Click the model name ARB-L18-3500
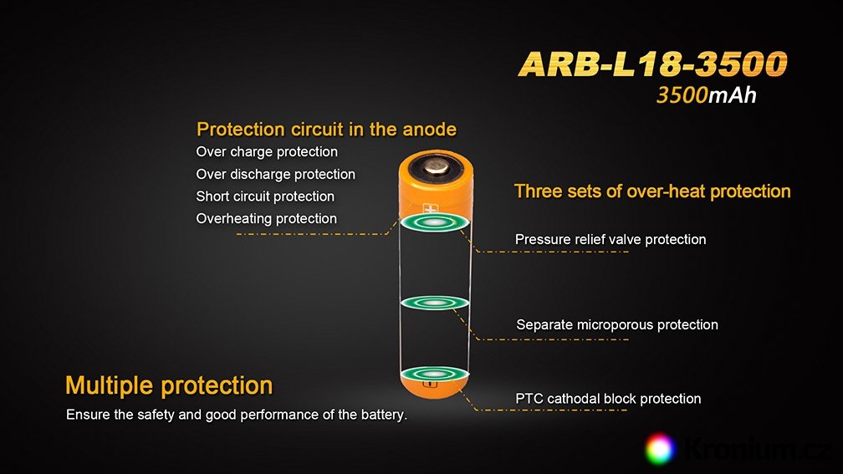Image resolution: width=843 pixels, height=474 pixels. pos(652,64)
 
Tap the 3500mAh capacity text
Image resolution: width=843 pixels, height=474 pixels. pos(707,95)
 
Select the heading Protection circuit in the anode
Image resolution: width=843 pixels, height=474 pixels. pos(326,130)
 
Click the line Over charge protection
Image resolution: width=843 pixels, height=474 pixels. pos(267,152)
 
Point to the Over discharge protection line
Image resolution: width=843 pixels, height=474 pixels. pos(275,175)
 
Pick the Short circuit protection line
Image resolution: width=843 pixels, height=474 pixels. pos(265,196)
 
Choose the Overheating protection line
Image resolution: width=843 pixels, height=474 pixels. pos(266,219)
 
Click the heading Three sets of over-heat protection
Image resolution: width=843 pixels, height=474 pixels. pos(652,192)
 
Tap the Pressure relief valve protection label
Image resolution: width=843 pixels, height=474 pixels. pos(611,240)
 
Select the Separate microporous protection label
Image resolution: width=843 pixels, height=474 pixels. pos(616,324)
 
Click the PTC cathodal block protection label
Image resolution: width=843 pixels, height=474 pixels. pos(608,399)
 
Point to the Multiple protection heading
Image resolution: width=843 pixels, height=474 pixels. pos(169,386)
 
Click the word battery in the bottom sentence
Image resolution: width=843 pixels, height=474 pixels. pos(381,415)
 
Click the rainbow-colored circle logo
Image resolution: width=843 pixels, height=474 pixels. pos(659,448)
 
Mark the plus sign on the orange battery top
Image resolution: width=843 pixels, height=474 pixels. pos(430,208)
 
